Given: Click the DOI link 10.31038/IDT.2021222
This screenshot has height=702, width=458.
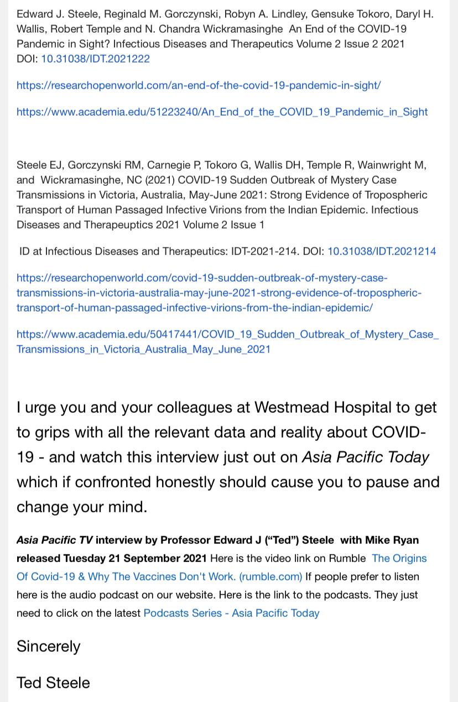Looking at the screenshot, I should tap(95, 59).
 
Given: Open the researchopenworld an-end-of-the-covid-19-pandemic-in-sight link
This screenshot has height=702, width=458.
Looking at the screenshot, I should tap(198, 85).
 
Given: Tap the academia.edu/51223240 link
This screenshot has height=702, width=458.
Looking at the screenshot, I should tap(222, 112).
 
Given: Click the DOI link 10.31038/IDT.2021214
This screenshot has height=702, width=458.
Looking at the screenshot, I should tap(382, 251).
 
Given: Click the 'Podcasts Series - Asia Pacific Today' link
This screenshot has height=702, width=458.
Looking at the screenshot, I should tap(231, 613).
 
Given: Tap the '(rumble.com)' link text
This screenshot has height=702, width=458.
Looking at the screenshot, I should tap(270, 576).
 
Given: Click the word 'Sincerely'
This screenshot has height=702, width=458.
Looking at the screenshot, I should tap(49, 646).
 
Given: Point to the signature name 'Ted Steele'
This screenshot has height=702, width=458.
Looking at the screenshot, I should tap(53, 683).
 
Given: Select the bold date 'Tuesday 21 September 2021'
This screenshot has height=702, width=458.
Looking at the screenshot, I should tap(135, 558).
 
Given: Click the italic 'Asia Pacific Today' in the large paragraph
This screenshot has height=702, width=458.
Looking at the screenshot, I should tap(365, 457).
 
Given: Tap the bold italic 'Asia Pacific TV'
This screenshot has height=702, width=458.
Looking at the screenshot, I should tap(54, 540).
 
